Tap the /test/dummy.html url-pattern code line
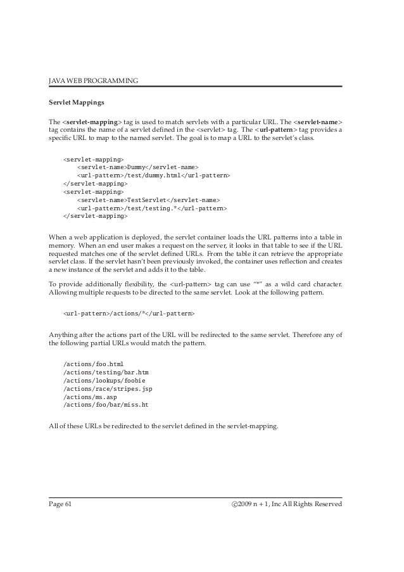(153, 175)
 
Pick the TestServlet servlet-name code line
(148, 199)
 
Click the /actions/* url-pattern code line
(129, 314)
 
